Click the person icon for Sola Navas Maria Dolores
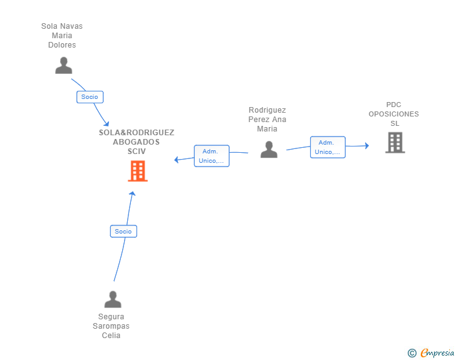[x=64, y=66]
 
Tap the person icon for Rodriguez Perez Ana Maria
[x=269, y=150]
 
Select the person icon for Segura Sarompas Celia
[x=113, y=299]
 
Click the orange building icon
[x=138, y=171]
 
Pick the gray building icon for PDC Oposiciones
[x=395, y=143]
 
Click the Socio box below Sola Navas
[x=90, y=97]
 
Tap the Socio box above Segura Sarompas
[x=123, y=232]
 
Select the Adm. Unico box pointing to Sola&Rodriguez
[x=212, y=156]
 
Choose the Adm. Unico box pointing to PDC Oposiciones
[x=328, y=147]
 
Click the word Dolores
[x=62, y=45]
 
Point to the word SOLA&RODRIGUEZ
[x=137, y=133]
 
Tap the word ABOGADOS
[x=137, y=142]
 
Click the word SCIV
[x=137, y=152]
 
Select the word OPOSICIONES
[x=394, y=114]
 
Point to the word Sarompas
[x=111, y=326]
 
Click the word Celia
[x=111, y=336]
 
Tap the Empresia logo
[x=437, y=352]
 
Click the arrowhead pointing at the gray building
[x=367, y=146]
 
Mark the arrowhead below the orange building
[x=133, y=193]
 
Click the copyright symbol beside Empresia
[x=412, y=353]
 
